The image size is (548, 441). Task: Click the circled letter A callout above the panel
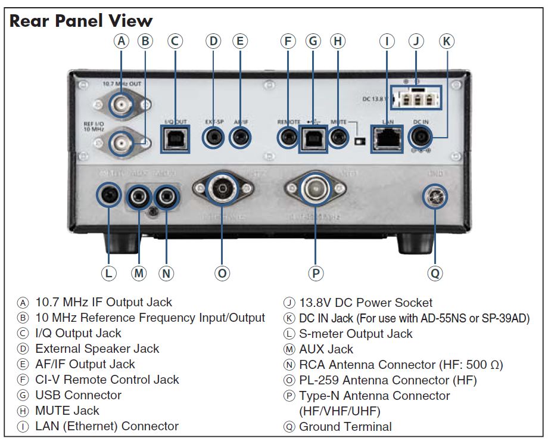(x=122, y=41)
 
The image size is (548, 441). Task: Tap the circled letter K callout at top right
(x=447, y=41)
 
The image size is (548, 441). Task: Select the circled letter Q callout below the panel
(x=435, y=273)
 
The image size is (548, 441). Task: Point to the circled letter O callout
(x=222, y=273)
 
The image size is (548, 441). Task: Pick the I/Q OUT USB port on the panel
(x=176, y=139)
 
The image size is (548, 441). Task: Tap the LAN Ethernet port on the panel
(x=386, y=139)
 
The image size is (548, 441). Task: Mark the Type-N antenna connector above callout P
(x=314, y=191)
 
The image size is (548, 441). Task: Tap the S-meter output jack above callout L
(x=109, y=194)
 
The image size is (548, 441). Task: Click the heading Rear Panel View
(x=81, y=21)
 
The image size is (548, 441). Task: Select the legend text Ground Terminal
(x=345, y=427)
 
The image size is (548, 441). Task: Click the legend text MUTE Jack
(x=67, y=411)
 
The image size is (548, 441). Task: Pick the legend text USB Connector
(x=78, y=395)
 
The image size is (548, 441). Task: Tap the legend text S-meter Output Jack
(x=355, y=334)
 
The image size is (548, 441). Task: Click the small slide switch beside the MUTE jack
(x=359, y=142)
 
